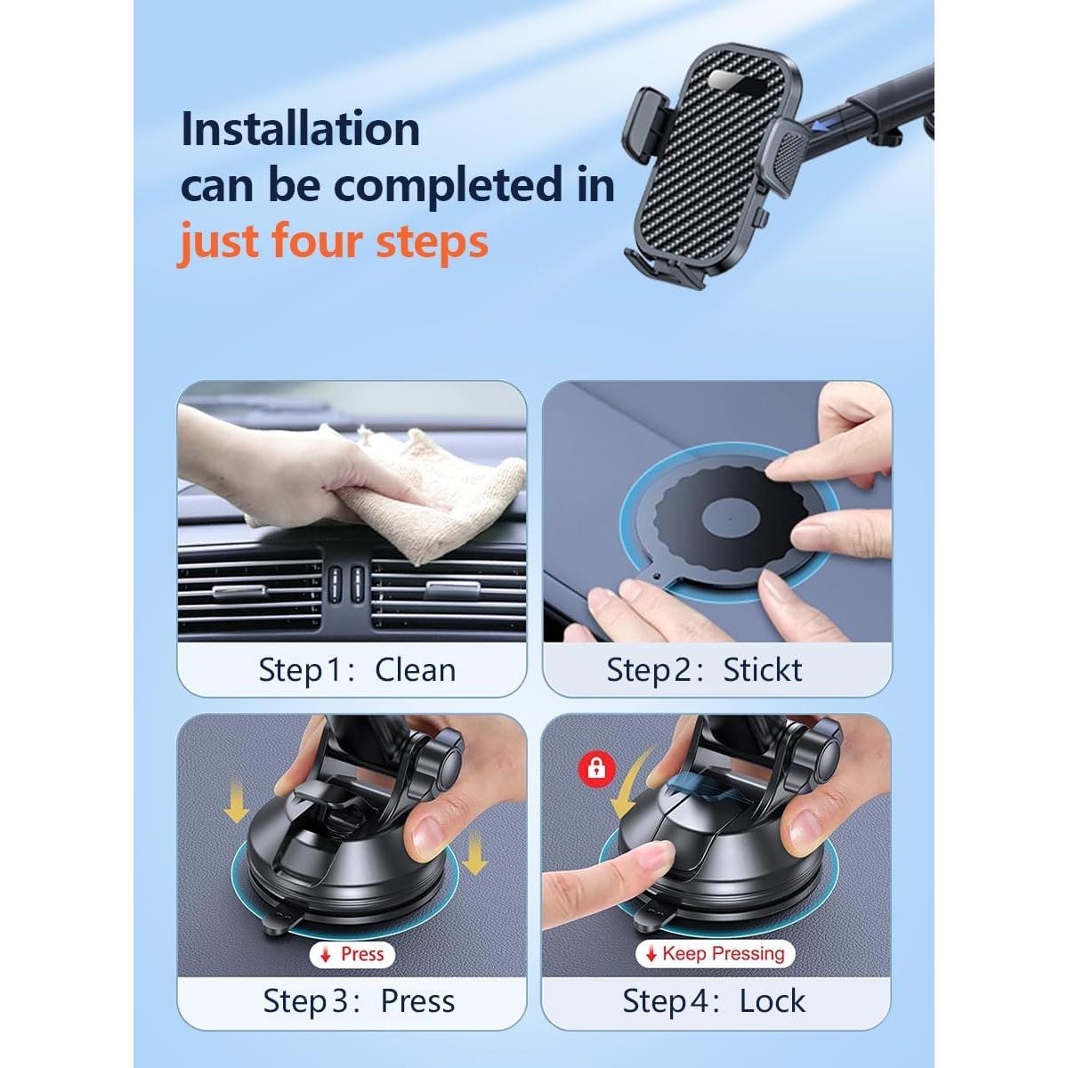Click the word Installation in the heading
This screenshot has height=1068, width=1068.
[x=300, y=130]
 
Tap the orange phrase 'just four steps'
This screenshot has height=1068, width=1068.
[x=334, y=241]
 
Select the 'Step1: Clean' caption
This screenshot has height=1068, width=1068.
[x=356, y=669]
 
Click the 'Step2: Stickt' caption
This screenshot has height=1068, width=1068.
[x=704, y=669]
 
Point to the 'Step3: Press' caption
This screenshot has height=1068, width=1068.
[x=359, y=1001]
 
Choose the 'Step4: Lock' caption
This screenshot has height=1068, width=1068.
[x=714, y=1001]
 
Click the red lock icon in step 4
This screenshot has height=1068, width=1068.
[x=596, y=768]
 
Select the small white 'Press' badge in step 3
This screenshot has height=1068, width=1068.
[x=352, y=954]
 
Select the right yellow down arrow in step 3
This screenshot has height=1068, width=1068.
[x=476, y=854]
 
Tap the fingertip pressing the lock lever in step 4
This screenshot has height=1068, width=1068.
[x=659, y=859]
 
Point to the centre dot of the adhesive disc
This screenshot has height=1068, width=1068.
[x=728, y=518]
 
